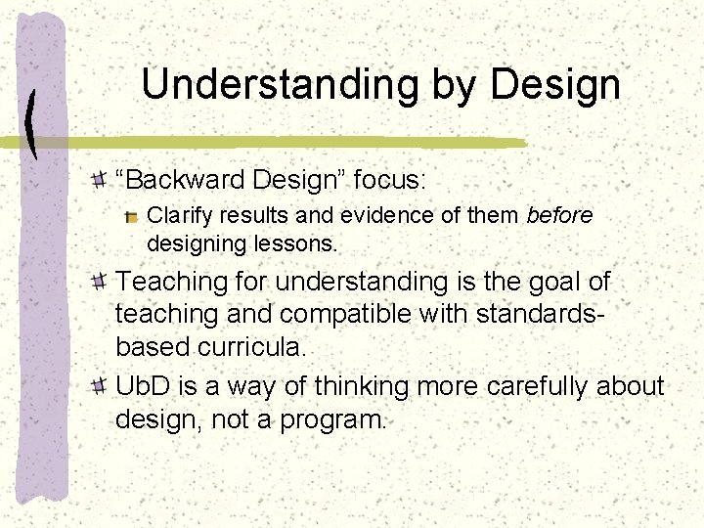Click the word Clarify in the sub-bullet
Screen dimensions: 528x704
(175, 215)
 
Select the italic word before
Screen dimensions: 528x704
(559, 215)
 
